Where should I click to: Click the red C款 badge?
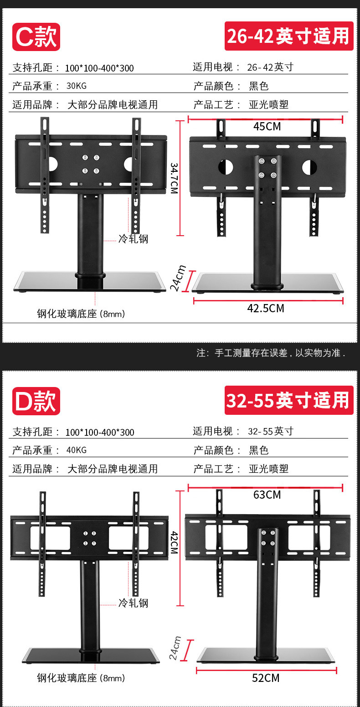pos(36,37)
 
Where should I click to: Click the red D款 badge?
pos(36,401)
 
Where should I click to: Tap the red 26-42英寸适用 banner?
pos(289,36)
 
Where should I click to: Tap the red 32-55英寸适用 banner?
pos(289,400)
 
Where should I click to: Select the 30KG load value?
pos(77,86)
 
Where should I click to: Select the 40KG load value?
pos(77,450)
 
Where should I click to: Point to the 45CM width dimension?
pos(267,126)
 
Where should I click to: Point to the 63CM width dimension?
pos(267,495)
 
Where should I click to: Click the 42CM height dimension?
pos(174,542)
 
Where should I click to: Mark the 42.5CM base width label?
pos(266,309)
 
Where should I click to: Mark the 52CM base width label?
pos(266,678)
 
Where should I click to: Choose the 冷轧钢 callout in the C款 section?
pos(133,238)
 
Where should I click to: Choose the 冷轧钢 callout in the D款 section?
pos(133,603)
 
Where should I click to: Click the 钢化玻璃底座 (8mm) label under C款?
pos(81,314)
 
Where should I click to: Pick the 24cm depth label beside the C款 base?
pos(178,278)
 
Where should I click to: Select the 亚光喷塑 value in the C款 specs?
pos(269,104)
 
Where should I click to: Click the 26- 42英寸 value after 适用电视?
pos(270,67)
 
